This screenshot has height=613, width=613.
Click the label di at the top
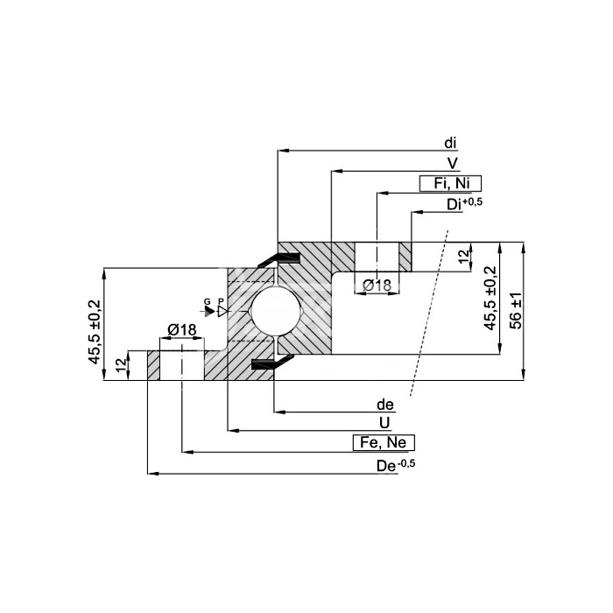click(450, 144)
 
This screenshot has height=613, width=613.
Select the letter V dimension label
click(453, 164)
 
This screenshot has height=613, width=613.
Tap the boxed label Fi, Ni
click(450, 183)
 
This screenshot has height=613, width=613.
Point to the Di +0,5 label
click(464, 204)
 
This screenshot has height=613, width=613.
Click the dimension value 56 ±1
click(516, 311)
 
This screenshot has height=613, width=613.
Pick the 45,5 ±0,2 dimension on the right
click(490, 299)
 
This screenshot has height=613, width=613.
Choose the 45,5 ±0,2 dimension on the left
click(95, 332)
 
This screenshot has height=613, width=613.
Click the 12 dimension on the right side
click(463, 256)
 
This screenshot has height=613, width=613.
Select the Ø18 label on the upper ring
click(377, 285)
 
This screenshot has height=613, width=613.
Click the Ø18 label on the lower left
click(182, 330)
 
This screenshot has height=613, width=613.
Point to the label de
click(385, 405)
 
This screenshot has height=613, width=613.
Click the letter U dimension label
click(384, 423)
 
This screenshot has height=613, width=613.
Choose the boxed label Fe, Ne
click(384, 442)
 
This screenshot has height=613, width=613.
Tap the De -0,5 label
click(396, 465)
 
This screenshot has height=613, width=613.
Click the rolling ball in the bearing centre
click(276, 311)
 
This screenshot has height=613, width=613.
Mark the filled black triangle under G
click(209, 311)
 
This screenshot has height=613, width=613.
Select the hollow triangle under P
click(222, 311)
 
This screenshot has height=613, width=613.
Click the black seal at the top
click(278, 259)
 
